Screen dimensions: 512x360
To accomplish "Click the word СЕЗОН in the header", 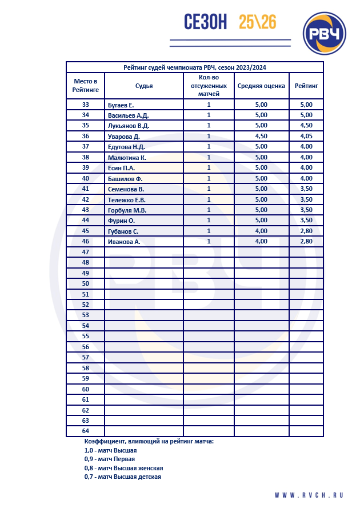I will [x=206, y=22].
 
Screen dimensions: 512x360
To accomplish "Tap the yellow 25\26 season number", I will [x=258, y=22].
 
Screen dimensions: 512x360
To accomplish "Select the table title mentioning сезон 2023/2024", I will [x=195, y=67].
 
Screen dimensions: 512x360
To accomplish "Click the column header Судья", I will [x=144, y=86].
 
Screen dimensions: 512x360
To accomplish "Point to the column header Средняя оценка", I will [x=261, y=86].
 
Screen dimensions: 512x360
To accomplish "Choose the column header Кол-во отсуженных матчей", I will [x=209, y=86].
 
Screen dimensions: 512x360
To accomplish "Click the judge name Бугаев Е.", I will [x=121, y=105].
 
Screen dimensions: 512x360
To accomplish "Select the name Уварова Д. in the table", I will [x=123, y=136].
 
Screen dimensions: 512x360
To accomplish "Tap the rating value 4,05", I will [x=306, y=136].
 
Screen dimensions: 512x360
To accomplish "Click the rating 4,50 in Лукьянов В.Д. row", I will [x=306, y=126].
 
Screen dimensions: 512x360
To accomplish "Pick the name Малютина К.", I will [x=127, y=157].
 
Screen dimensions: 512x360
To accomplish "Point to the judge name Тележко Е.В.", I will [x=126, y=199].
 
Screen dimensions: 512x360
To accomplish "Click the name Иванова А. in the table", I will [x=124, y=242].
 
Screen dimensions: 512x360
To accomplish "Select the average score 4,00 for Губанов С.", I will [x=261, y=231].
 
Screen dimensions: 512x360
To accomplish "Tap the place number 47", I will [x=86, y=252].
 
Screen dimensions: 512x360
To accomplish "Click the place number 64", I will [x=86, y=431].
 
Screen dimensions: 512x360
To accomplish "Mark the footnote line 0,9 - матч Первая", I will [x=109, y=459].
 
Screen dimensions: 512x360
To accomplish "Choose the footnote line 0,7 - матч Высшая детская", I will [x=122, y=477].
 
